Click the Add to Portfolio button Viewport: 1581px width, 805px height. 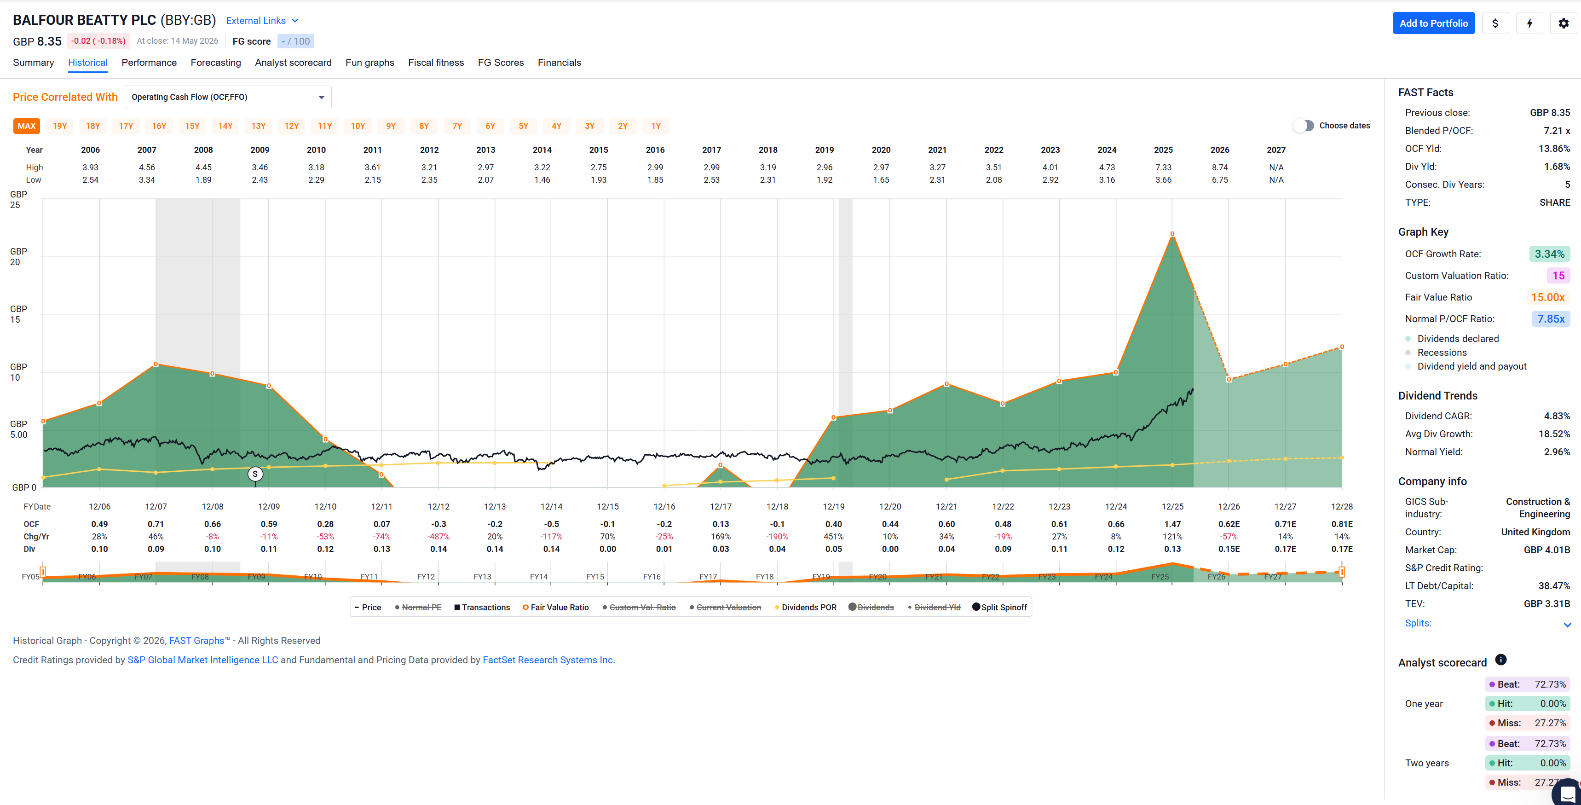pos(1433,23)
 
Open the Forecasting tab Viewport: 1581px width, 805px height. pos(215,63)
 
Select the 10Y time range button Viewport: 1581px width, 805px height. pos(358,126)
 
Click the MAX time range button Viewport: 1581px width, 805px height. pos(26,126)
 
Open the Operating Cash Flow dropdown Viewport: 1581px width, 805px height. pos(228,97)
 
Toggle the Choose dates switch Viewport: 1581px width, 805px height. pos(1304,125)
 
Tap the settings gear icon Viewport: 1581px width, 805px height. pos(1563,23)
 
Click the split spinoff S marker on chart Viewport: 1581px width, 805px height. pos(255,474)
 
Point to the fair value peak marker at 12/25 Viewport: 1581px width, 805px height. pos(1172,234)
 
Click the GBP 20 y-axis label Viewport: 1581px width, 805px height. pos(18,257)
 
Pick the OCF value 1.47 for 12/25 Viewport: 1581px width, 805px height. pos(1172,524)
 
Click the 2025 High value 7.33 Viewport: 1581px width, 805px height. pos(1163,168)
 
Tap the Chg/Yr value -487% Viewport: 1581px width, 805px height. pos(438,537)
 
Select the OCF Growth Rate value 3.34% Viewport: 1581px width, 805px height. pos(1549,254)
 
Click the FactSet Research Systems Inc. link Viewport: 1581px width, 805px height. pos(548,660)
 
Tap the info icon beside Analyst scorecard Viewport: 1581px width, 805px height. pos(1500,660)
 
